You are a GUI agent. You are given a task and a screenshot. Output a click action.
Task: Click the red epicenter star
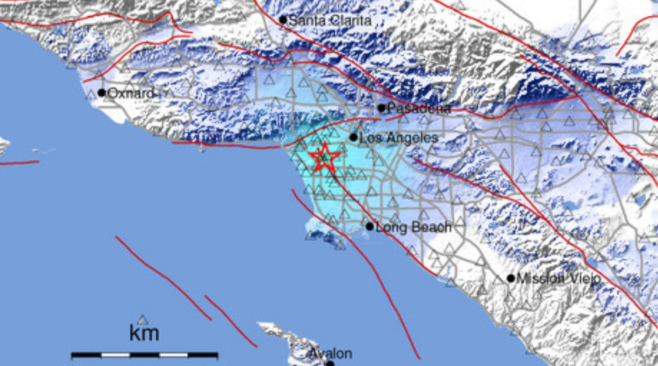pyautogui.click(x=324, y=157)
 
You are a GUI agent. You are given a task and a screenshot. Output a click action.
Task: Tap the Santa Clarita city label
pyautogui.click(x=330, y=20)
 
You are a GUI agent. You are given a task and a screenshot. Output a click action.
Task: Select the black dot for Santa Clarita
pyautogui.click(x=283, y=20)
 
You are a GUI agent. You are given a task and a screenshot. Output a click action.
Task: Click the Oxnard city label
pyautogui.click(x=130, y=93)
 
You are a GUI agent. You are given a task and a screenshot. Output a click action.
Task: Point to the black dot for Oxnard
pyautogui.click(x=102, y=93)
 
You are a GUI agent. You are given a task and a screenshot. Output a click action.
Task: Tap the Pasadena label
pyautogui.click(x=419, y=108)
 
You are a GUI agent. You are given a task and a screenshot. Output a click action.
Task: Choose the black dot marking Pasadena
pyautogui.click(x=381, y=108)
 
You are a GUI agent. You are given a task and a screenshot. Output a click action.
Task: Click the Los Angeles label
pyautogui.click(x=399, y=138)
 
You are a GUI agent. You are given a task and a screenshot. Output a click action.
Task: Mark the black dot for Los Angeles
pyautogui.click(x=353, y=138)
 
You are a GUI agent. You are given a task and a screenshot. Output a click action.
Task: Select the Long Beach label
pyautogui.click(x=413, y=227)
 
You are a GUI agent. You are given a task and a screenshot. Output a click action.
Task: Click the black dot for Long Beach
pyautogui.click(x=370, y=227)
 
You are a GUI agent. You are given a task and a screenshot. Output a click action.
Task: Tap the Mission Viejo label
pyautogui.click(x=559, y=278)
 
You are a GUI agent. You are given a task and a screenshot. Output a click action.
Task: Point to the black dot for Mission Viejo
pyautogui.click(x=511, y=278)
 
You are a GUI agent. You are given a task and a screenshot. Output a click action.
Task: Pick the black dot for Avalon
pyautogui.click(x=331, y=364)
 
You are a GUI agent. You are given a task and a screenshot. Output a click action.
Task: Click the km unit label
pyautogui.click(x=144, y=333)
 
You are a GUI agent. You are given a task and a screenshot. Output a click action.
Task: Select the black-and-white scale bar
pyautogui.click(x=144, y=355)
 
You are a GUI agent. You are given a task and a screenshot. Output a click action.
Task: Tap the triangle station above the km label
pyautogui.click(x=143, y=320)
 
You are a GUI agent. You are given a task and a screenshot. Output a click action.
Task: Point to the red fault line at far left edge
pyautogui.click(x=20, y=163)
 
